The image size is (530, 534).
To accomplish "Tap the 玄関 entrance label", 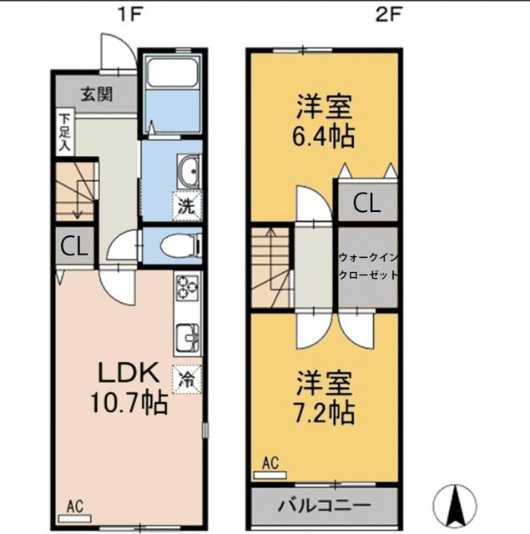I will [96, 94].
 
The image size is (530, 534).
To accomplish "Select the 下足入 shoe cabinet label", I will [64, 133].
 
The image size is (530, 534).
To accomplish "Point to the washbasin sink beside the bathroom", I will [189, 172].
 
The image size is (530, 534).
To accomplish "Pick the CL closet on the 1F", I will [75, 247].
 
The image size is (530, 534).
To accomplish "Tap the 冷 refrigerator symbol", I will [187, 380].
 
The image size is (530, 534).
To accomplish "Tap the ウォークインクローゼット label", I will [368, 265].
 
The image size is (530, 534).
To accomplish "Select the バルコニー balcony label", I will [325, 506].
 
